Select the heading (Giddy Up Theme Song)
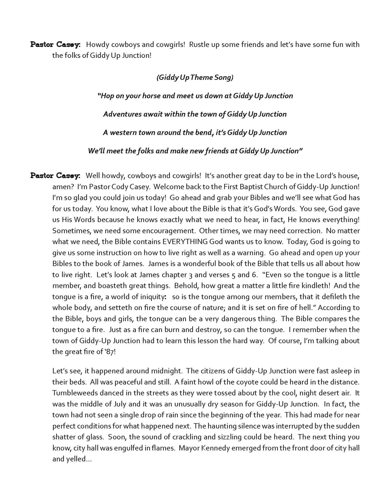[195, 77]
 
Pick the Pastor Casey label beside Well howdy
[55, 176]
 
